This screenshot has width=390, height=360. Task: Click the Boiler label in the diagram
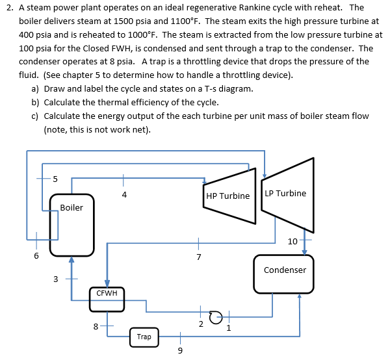pos(71,207)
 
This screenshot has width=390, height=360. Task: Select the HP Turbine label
pos(228,196)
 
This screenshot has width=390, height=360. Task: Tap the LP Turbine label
pos(285,193)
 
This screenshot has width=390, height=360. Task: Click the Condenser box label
pos(285,270)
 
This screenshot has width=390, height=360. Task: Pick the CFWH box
pos(107,300)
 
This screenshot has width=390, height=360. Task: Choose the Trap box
pos(144,337)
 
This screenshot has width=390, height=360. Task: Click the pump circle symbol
pos(215,317)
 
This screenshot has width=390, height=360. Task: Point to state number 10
pos(292,242)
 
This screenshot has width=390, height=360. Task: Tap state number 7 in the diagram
pos(198,257)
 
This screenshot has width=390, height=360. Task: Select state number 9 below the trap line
pos(180,350)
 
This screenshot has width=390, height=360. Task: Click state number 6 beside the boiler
pos(36,255)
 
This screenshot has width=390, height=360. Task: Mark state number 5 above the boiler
pos(55,179)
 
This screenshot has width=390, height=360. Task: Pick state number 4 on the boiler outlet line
pos(124,194)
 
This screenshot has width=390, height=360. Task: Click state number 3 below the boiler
pos(55,279)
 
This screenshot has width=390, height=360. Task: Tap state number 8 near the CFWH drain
pos(96,326)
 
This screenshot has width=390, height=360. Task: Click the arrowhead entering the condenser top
pos(304,252)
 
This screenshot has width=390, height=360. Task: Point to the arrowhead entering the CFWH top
pos(107,284)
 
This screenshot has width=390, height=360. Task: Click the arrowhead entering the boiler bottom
pos(71,259)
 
